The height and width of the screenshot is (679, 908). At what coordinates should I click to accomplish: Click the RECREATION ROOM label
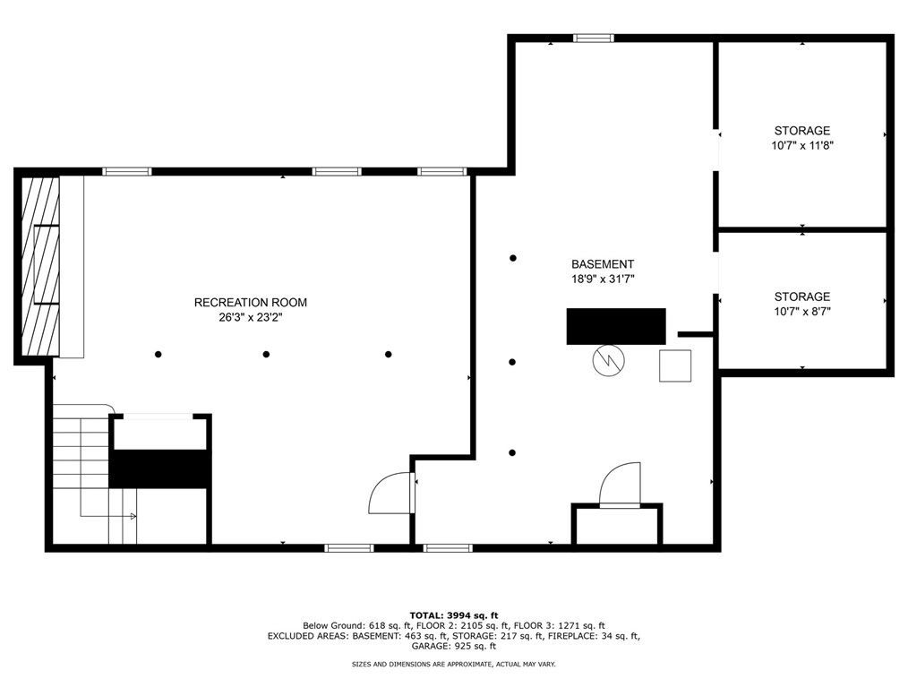tap(250, 303)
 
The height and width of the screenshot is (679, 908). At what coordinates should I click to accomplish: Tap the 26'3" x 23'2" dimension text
tap(250, 317)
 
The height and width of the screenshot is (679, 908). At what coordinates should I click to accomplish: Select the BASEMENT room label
tap(603, 264)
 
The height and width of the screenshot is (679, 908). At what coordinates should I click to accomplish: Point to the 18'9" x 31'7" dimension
tap(603, 279)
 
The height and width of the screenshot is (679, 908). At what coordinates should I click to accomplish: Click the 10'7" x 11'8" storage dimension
tap(802, 145)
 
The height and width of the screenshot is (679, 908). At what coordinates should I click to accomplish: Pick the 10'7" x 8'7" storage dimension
tap(802, 312)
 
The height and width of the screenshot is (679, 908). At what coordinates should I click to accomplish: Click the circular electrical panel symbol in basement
tap(609, 360)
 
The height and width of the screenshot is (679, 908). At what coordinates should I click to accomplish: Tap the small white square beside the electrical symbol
tap(675, 365)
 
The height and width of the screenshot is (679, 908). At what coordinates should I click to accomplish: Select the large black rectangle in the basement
tap(616, 326)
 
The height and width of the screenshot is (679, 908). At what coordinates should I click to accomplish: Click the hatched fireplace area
tap(40, 267)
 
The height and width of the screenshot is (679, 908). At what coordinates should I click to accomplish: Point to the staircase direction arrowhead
tap(133, 516)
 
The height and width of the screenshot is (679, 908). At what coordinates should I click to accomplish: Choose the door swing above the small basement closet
tap(621, 485)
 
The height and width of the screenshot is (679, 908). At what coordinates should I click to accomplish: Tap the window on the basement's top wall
tap(593, 39)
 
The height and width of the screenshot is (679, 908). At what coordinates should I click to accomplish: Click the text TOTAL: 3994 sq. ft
tap(454, 615)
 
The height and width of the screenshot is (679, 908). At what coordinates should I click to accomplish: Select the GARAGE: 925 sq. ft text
tap(454, 645)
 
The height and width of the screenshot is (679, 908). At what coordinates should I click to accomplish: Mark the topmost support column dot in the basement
tap(513, 258)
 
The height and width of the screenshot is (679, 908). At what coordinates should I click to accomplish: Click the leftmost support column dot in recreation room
tap(158, 354)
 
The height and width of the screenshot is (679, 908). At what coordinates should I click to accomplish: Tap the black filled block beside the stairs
tap(159, 468)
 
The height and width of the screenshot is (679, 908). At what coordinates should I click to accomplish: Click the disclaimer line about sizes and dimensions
tap(454, 665)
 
